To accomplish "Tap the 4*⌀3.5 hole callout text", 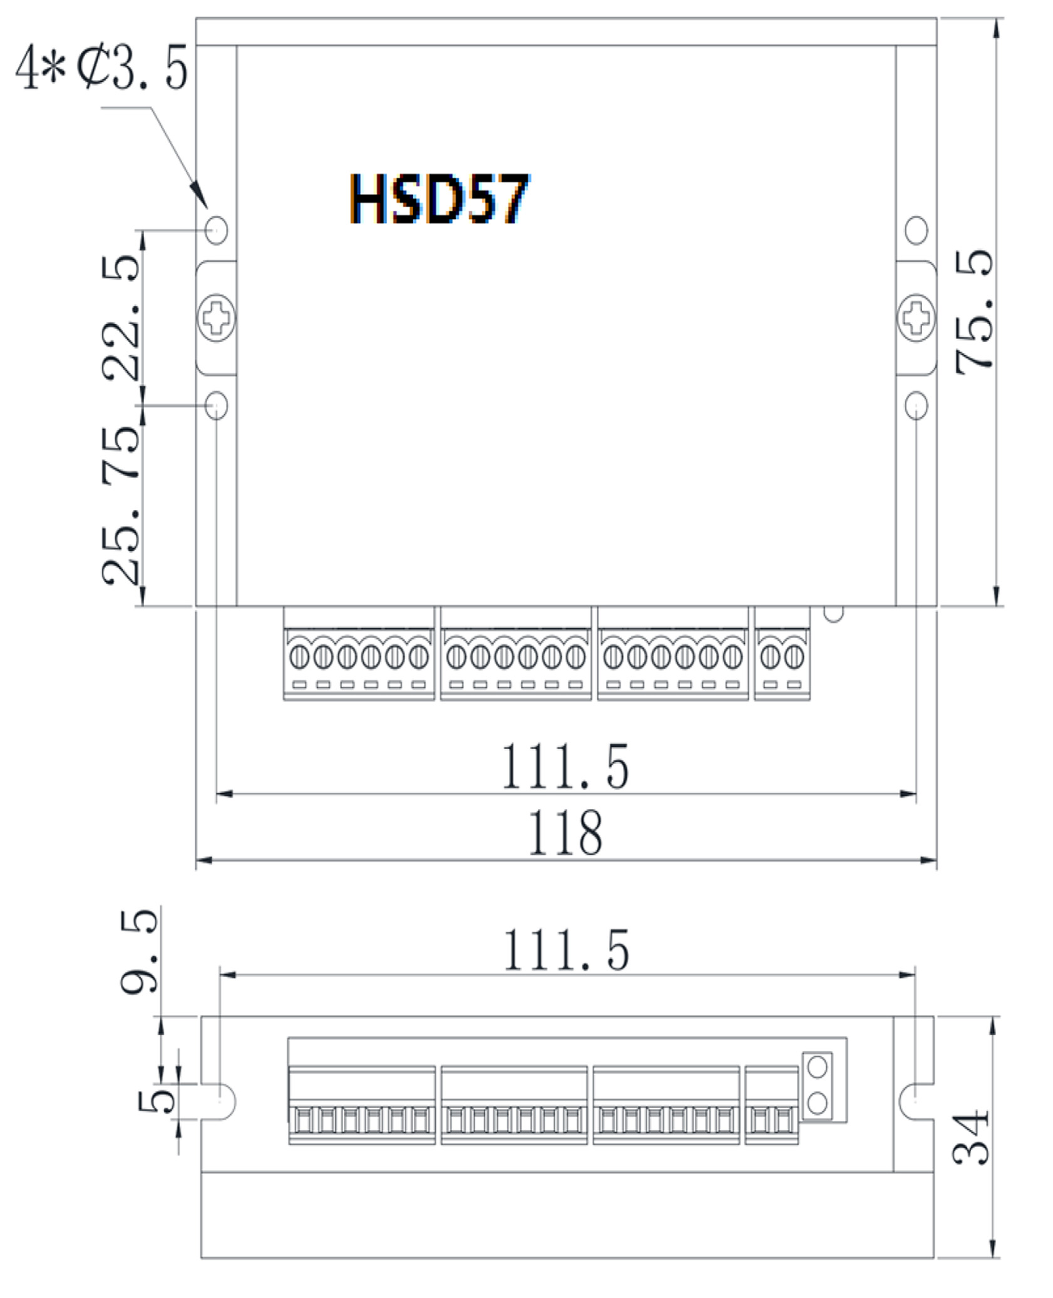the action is pyautogui.click(x=101, y=67).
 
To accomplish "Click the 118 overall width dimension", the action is pyautogui.click(x=565, y=833).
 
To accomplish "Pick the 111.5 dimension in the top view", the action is pyautogui.click(x=565, y=766).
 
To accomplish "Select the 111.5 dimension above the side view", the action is pyautogui.click(x=566, y=950).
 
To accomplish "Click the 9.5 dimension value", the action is pyautogui.click(x=138, y=951).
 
